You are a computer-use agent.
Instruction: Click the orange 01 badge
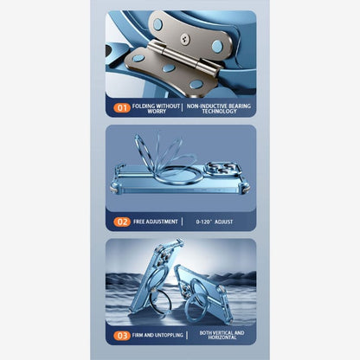click(122, 108)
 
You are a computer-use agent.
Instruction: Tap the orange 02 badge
click(122, 222)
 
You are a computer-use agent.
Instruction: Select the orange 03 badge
click(122, 336)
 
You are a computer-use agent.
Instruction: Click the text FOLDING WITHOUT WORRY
click(156, 108)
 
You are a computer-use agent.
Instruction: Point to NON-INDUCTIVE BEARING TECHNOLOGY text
click(219, 108)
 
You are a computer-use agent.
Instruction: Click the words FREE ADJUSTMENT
click(156, 222)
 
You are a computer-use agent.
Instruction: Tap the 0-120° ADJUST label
click(215, 222)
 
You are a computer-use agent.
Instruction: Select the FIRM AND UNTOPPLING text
click(157, 335)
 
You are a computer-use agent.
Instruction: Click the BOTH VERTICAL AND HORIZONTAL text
click(222, 335)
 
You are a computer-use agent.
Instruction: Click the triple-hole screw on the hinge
click(184, 39)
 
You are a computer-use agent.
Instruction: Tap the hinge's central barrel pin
click(184, 57)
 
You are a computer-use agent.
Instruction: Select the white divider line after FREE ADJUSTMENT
click(183, 222)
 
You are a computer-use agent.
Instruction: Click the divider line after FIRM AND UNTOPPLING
click(187, 335)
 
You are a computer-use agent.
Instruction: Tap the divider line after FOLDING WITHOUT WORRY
click(183, 108)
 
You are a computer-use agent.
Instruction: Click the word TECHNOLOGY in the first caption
click(219, 112)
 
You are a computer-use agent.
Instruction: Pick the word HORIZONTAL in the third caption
click(222, 337)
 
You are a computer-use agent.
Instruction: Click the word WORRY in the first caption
click(157, 112)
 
